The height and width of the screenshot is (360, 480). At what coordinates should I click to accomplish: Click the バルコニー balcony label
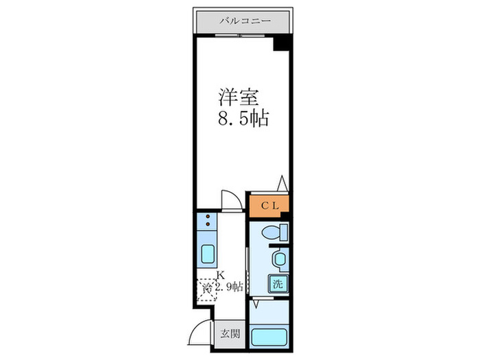coord(245,21)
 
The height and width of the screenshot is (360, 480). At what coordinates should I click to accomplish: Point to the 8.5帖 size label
coord(242,118)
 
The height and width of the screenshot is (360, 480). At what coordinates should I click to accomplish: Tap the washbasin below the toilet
coord(279,260)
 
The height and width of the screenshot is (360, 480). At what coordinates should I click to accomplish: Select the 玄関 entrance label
coord(230,334)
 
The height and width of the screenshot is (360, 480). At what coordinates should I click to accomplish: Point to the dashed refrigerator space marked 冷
coord(206,290)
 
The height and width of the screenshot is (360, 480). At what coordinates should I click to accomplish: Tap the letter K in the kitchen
coord(219,276)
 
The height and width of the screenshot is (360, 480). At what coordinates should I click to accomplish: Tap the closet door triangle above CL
coord(280,184)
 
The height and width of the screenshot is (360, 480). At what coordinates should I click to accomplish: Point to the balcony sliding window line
coord(237,36)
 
